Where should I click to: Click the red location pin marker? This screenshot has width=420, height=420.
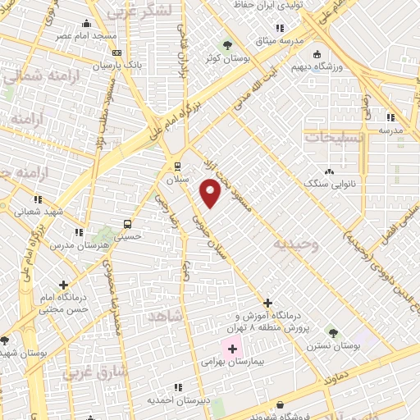coord(211,193)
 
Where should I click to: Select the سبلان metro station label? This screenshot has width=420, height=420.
coord(178,178)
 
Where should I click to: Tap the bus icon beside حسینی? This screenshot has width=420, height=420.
coord(127,224)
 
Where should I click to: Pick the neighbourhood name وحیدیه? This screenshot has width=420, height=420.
coord(297,244)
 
